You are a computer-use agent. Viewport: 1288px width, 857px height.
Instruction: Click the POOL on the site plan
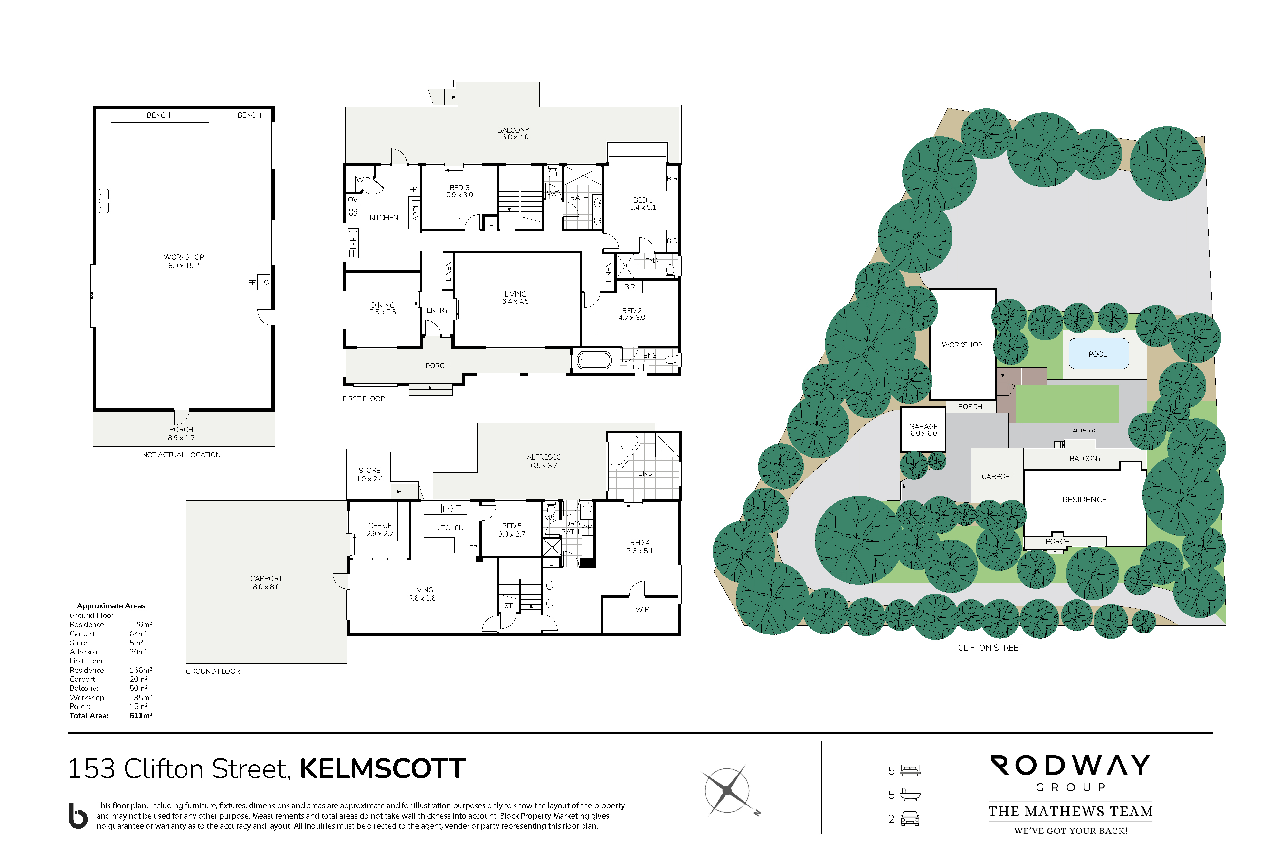(1098, 354)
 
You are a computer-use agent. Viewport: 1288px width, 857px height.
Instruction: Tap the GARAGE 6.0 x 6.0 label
(923, 430)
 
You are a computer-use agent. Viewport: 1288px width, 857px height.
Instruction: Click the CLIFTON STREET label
(990, 648)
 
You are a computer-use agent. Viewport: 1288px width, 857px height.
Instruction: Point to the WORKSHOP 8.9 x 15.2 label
(184, 261)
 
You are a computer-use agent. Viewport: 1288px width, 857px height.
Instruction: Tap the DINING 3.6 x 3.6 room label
(383, 308)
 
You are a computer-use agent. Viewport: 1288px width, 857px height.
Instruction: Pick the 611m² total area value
(141, 715)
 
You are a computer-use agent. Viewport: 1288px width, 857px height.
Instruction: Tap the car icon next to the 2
(910, 819)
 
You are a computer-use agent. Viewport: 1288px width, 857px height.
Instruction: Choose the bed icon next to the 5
(910, 770)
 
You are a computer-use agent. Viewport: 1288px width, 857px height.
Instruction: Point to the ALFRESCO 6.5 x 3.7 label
(544, 461)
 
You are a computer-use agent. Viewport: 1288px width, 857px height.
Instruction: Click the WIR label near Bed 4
(642, 609)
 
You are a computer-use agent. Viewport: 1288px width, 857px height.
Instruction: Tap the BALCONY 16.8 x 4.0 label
(513, 133)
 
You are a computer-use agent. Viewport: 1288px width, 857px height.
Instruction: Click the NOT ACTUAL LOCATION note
(181, 455)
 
